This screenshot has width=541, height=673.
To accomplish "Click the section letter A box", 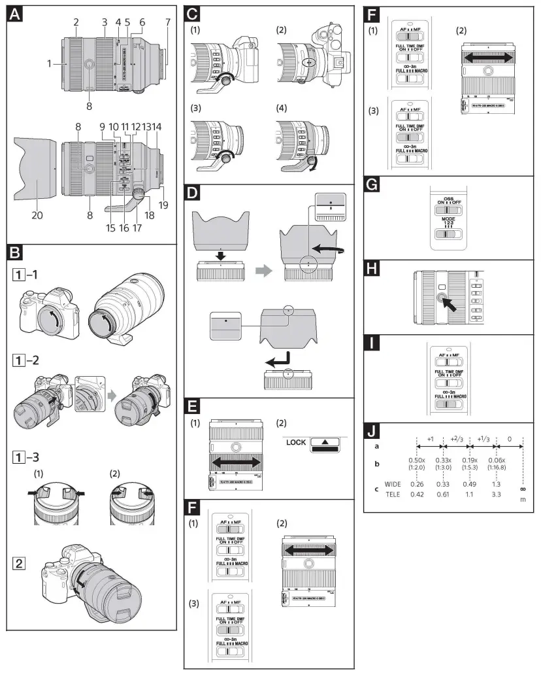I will coord(15,15).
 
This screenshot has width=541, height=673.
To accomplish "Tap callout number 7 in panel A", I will coord(167,22).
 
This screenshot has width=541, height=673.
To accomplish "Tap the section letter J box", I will coord(372,432).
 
